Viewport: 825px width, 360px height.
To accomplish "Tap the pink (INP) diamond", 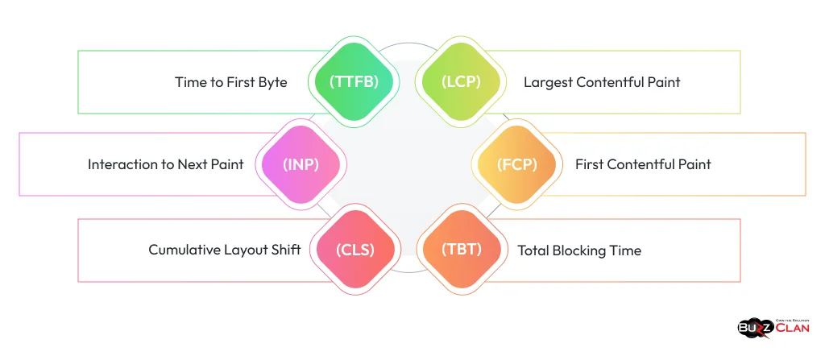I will point(301,164).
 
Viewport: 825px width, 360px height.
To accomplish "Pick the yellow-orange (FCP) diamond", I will point(513,164).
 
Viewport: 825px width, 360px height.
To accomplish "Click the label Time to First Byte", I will point(230,82).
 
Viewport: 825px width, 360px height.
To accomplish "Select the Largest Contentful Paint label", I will point(602,82).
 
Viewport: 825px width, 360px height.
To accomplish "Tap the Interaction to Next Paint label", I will point(166,164).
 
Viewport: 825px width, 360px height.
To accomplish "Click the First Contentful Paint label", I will point(643,164).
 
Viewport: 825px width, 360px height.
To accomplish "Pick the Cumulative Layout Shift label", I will point(225,250).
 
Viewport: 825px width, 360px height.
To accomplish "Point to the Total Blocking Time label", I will point(579,250).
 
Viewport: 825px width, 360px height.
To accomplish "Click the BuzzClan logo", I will point(773,327).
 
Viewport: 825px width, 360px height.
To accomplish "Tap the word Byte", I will point(272,82).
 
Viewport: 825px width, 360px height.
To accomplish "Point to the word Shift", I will point(284,250).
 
